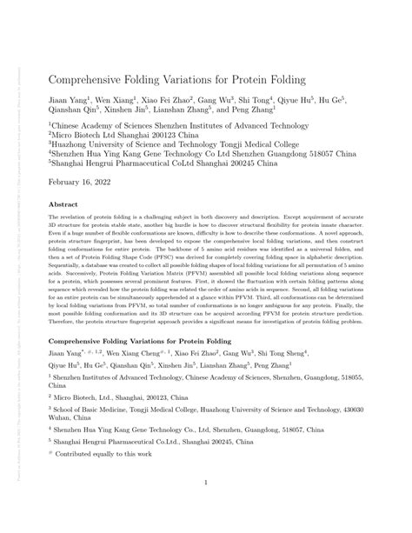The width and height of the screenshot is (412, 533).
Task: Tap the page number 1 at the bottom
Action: tap(205, 489)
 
